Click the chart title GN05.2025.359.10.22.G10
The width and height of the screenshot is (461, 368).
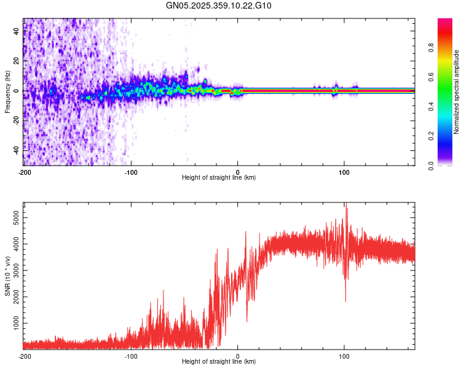click(x=219, y=6)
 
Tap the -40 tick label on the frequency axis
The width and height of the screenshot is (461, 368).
click(x=17, y=150)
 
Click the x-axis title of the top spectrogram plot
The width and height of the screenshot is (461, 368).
click(x=219, y=178)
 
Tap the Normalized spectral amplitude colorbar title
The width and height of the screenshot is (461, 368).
click(x=457, y=92)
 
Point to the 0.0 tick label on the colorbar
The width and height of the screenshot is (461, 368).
click(x=449, y=165)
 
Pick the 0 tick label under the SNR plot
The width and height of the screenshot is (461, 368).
click(x=238, y=356)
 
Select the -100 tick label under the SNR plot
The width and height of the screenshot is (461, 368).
click(x=131, y=356)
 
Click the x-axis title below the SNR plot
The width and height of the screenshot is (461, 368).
click(x=219, y=362)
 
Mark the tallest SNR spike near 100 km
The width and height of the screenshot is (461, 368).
click(x=346, y=205)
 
